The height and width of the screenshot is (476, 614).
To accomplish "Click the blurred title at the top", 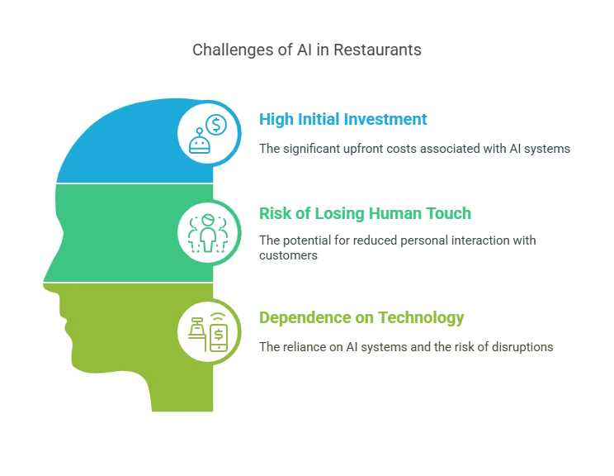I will coord(307,50).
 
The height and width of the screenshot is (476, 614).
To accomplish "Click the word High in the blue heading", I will coord(272,119).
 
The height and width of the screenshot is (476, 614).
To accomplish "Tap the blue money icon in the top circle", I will coord(209,132).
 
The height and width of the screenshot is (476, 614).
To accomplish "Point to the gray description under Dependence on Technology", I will coord(405,349).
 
